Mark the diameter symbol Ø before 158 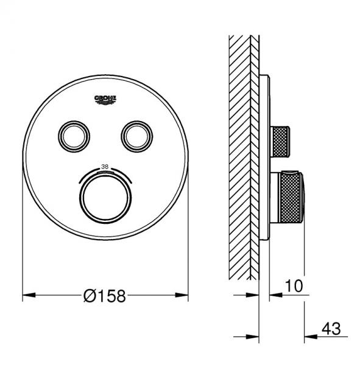coord(90,296)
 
